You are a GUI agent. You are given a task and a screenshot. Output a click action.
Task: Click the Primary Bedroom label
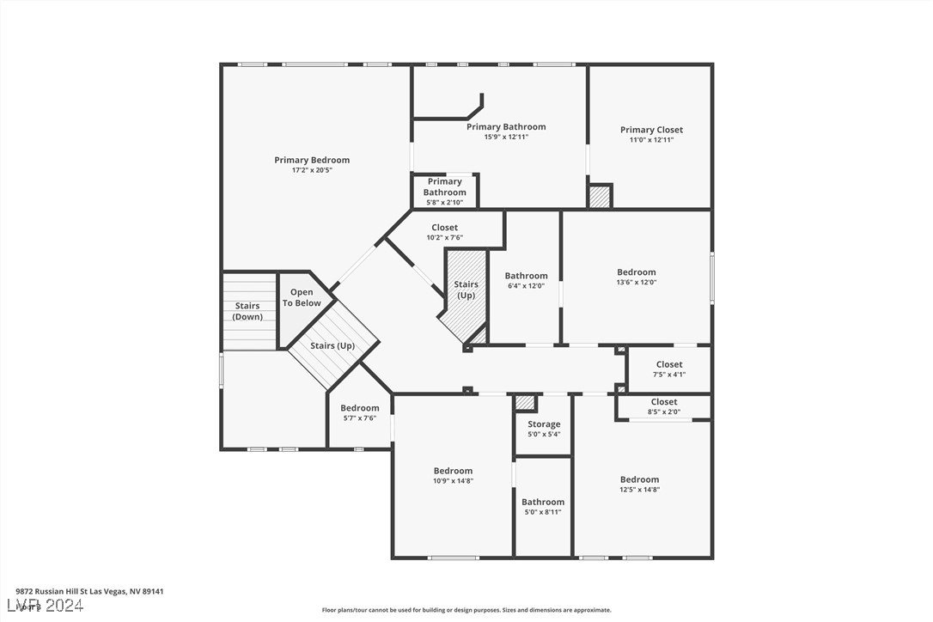(312, 160)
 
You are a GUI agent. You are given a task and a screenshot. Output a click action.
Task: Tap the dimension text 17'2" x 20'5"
(312, 170)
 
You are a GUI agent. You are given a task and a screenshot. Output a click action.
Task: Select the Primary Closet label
(651, 130)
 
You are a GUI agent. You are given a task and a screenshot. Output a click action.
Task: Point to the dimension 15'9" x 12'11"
(506, 137)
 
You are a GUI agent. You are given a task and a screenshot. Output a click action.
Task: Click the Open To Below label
(302, 298)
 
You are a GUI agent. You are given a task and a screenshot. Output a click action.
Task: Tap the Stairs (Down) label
(247, 311)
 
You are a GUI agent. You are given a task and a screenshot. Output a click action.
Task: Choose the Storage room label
(544, 424)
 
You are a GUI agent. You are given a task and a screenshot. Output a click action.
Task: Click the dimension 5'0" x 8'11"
(543, 512)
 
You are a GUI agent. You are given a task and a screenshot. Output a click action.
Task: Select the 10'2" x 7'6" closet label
(444, 238)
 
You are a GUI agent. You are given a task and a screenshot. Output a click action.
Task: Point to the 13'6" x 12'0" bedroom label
(636, 283)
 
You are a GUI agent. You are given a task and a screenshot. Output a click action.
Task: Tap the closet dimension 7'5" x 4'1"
(669, 375)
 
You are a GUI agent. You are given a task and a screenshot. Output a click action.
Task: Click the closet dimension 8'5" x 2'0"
(664, 412)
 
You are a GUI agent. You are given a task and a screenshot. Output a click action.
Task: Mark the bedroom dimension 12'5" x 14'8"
(639, 490)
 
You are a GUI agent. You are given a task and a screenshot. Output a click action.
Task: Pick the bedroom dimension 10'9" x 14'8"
(453, 481)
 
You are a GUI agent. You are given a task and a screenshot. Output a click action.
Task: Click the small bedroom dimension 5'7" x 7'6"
(359, 418)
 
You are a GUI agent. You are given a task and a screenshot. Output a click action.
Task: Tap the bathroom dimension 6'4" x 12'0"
(526, 286)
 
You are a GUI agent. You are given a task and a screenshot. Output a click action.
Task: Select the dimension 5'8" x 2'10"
(444, 203)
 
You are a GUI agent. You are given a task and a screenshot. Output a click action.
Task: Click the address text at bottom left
(89, 591)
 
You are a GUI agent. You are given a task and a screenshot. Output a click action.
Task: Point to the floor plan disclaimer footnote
(466, 610)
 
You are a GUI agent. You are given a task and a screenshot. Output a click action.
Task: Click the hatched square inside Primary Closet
(600, 197)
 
